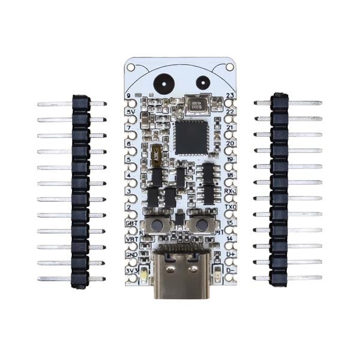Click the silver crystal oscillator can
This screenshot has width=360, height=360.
coord(196,106)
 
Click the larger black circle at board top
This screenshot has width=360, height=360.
coord(163,83)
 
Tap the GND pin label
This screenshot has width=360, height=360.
coord(131,254)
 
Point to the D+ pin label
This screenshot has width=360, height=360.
coord(229,254)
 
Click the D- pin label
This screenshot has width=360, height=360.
coord(229,271)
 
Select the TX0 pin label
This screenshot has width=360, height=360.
coord(229,206)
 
